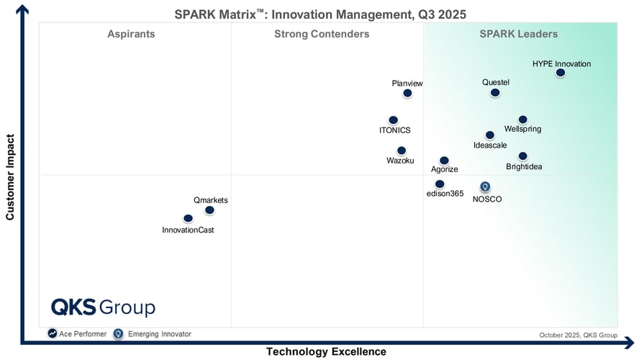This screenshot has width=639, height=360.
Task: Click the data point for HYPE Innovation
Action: click(x=561, y=73)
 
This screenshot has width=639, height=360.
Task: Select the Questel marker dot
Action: click(x=495, y=93)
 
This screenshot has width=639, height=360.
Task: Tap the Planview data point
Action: click(x=408, y=93)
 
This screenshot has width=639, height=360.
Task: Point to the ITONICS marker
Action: click(x=393, y=120)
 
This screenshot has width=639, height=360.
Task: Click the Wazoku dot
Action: click(x=401, y=150)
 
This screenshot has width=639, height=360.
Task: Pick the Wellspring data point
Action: click(x=523, y=120)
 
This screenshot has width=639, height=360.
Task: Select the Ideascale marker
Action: click(x=490, y=135)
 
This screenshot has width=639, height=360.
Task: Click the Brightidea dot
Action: click(x=523, y=156)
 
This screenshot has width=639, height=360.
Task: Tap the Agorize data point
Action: click(x=444, y=161)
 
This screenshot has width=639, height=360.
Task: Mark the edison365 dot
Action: click(x=440, y=184)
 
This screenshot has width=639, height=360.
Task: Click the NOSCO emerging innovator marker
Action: click(x=485, y=186)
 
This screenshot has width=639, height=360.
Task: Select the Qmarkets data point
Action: click(x=209, y=210)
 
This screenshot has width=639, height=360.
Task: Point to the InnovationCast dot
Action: click(x=188, y=218)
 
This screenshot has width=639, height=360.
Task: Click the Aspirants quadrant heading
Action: click(x=131, y=34)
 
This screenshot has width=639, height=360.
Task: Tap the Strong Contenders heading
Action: click(x=322, y=34)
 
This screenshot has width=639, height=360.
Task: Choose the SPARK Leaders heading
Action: click(x=518, y=34)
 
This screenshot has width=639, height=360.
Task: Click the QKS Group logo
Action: click(x=103, y=307)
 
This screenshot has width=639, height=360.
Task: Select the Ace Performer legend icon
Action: click(x=53, y=333)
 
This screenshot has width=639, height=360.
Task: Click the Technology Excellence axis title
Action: click(x=326, y=351)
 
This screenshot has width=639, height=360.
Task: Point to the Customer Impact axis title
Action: click(x=10, y=176)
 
